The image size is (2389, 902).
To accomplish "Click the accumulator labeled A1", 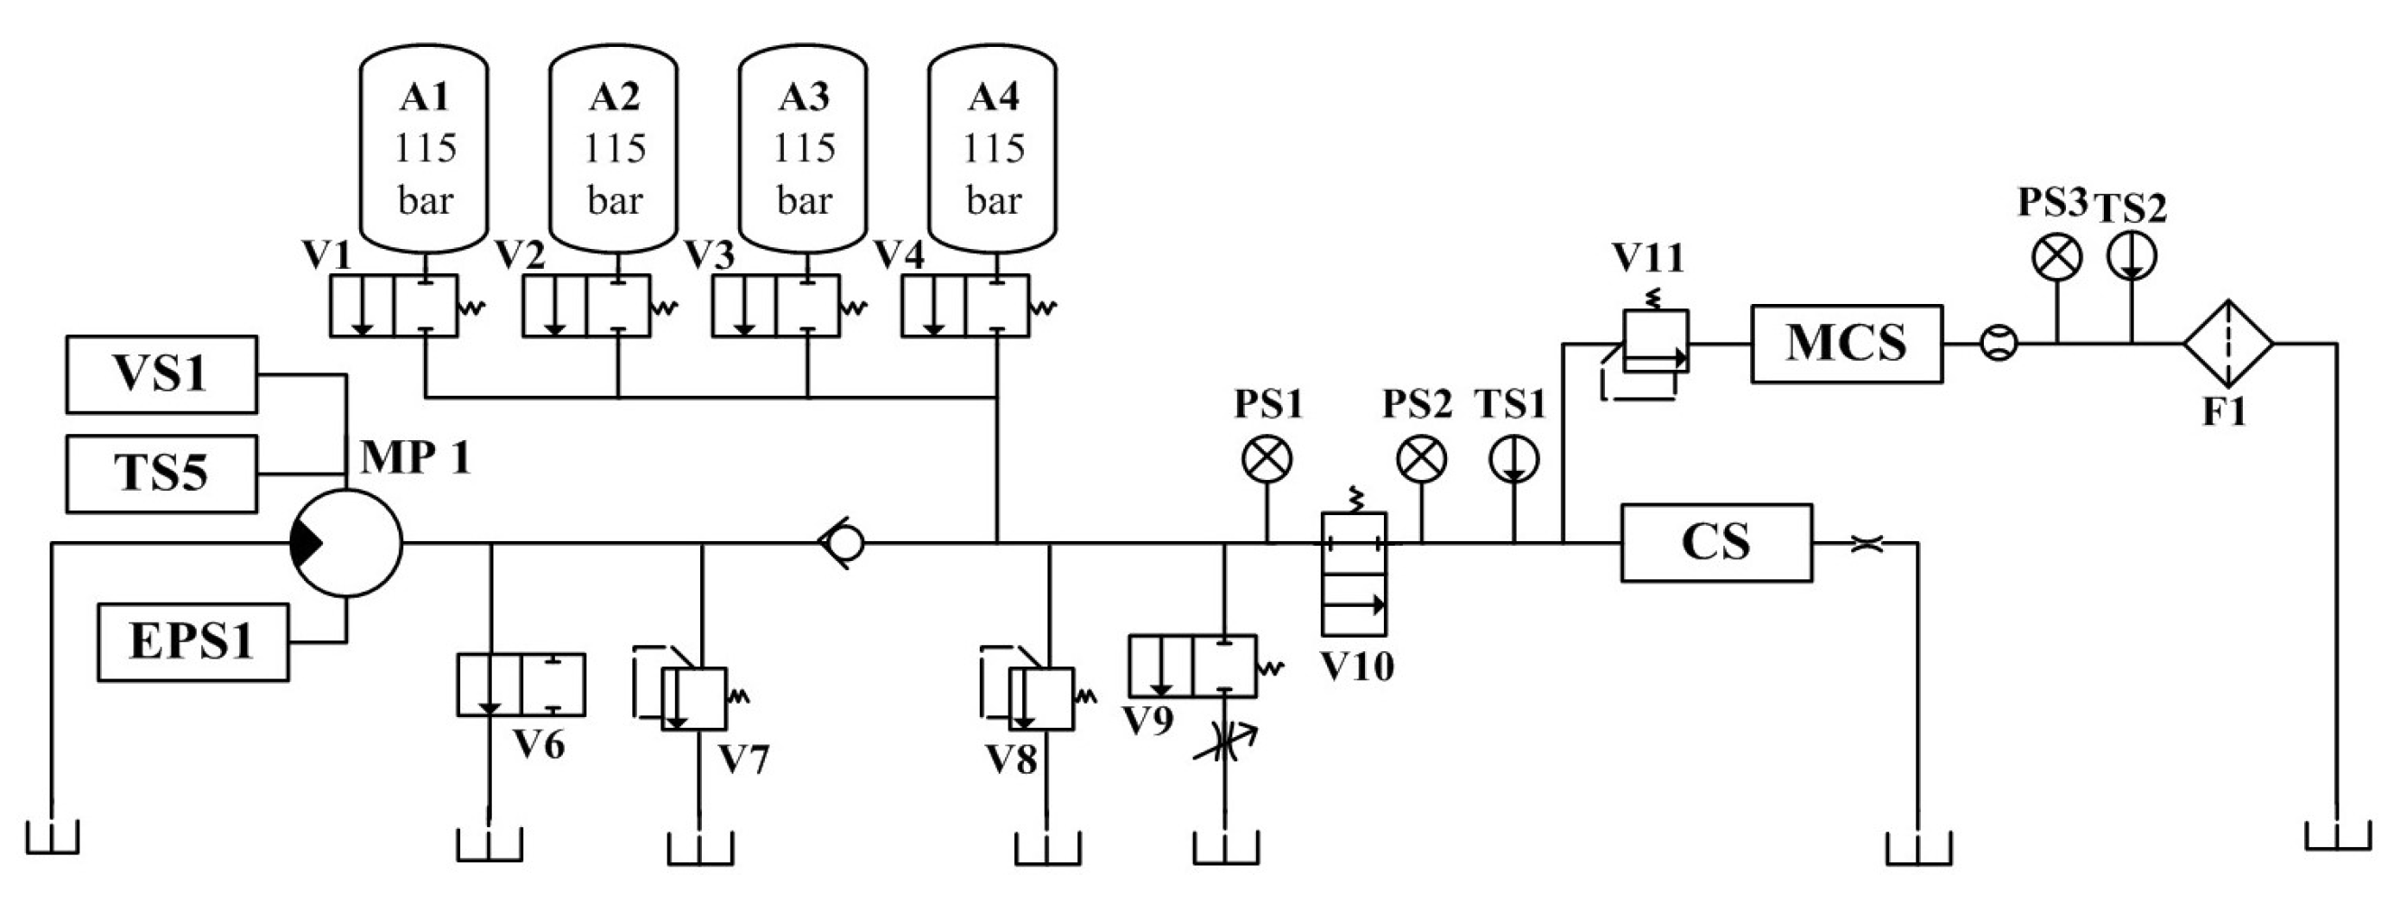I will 424,148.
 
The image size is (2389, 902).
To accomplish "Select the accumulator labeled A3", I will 803,148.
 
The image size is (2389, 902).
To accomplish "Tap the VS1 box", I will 161,374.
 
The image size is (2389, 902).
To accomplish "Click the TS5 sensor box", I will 161,474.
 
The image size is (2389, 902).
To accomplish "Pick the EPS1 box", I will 193,641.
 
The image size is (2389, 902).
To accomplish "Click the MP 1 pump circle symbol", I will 346,543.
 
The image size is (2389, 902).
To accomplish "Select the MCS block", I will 1847,344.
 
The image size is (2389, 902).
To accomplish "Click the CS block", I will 1716,543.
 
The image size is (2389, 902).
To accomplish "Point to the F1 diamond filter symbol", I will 2228,344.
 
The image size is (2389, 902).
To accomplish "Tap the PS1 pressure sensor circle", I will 1267,459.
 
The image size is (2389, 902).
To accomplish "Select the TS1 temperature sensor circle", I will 1515,459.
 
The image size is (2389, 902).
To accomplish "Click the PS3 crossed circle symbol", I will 2057,257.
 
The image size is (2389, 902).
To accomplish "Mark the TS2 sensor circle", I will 2131,257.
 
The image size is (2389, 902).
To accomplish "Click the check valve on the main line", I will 842,543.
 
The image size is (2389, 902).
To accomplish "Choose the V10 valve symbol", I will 1354,574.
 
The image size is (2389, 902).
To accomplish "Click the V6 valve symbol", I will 521,684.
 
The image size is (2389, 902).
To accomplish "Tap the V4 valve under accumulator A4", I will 964,305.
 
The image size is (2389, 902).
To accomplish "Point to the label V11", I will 1648,258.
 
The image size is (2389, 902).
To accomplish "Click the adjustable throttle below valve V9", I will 1224,741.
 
